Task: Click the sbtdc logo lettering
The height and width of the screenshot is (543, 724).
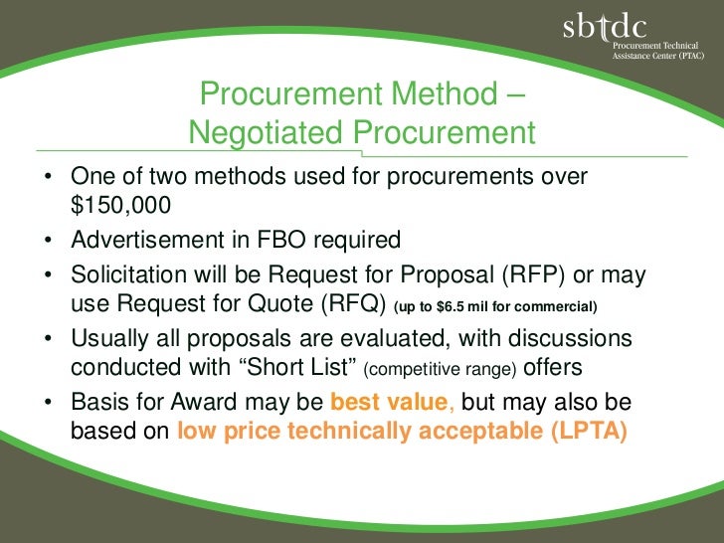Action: click(x=605, y=30)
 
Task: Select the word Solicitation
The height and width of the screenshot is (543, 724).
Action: click(x=125, y=274)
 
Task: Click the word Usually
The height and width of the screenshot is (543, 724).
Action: click(x=110, y=339)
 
